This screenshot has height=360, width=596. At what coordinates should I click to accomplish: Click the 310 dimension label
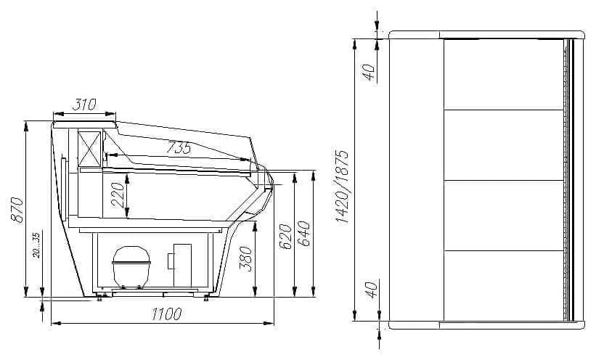tap(84, 105)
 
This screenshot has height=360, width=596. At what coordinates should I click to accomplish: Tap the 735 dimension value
tap(179, 147)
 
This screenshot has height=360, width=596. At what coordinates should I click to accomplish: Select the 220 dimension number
tap(118, 195)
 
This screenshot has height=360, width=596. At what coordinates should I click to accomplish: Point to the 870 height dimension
tap(17, 210)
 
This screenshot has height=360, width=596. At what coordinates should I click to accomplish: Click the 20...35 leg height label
tap(36, 245)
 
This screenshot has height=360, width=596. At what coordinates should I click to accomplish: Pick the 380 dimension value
tap(246, 259)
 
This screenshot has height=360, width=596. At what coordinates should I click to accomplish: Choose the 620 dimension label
tap(285, 237)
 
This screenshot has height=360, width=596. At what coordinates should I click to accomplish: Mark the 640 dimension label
tap(304, 234)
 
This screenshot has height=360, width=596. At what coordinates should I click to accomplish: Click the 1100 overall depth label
tap(166, 314)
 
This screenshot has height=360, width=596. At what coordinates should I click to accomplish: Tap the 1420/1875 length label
tap(342, 187)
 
